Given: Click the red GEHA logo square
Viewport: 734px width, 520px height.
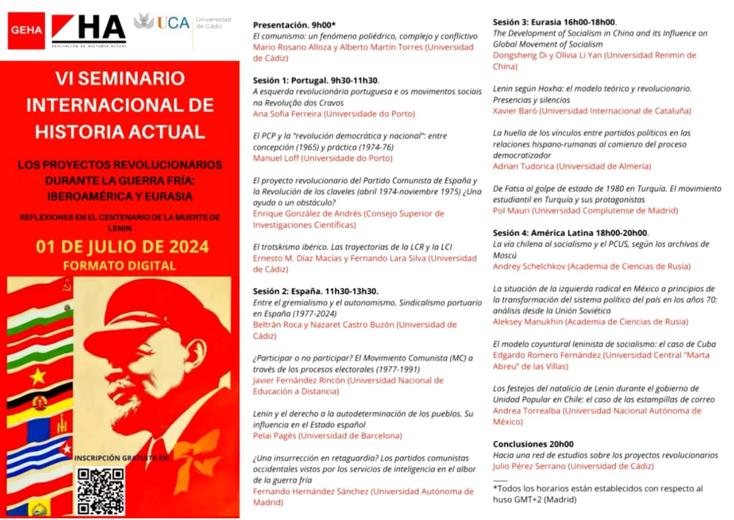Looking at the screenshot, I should click(x=26, y=30).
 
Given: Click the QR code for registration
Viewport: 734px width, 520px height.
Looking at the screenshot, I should click(x=101, y=491).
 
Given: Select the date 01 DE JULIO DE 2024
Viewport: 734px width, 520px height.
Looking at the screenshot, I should click(x=122, y=247).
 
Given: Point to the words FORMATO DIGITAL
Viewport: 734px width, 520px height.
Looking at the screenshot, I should click(x=119, y=265).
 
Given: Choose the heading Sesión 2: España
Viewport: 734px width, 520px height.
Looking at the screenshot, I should click(x=315, y=291).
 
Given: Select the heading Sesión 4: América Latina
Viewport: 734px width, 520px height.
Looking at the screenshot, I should click(x=571, y=233).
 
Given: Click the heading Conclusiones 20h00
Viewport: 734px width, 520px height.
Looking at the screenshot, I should click(x=533, y=444).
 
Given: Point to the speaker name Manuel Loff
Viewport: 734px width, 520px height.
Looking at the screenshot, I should click(x=278, y=158).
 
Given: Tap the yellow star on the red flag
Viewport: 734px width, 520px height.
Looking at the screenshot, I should click(x=38, y=376).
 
